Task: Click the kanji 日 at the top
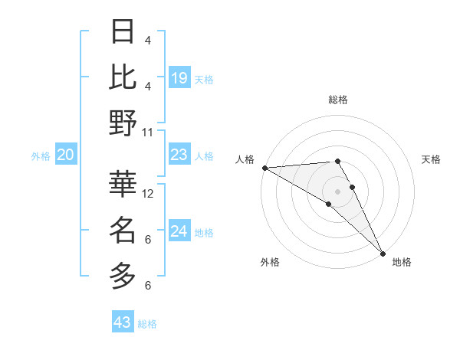(x=123, y=33)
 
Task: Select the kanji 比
(x=123, y=77)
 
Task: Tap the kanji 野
(x=123, y=123)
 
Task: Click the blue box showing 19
(x=179, y=77)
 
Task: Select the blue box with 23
(x=179, y=155)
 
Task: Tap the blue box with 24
(x=179, y=231)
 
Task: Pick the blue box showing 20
(x=65, y=155)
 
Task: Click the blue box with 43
(x=122, y=322)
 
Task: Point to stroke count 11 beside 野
(x=148, y=132)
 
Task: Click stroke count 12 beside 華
(x=148, y=194)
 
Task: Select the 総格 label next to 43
(x=147, y=324)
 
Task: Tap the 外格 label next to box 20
(x=41, y=156)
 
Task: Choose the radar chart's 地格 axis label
(x=402, y=262)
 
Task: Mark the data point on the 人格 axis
(x=264, y=168)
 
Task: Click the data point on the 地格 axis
(x=382, y=253)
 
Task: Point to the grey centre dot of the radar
(x=337, y=190)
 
